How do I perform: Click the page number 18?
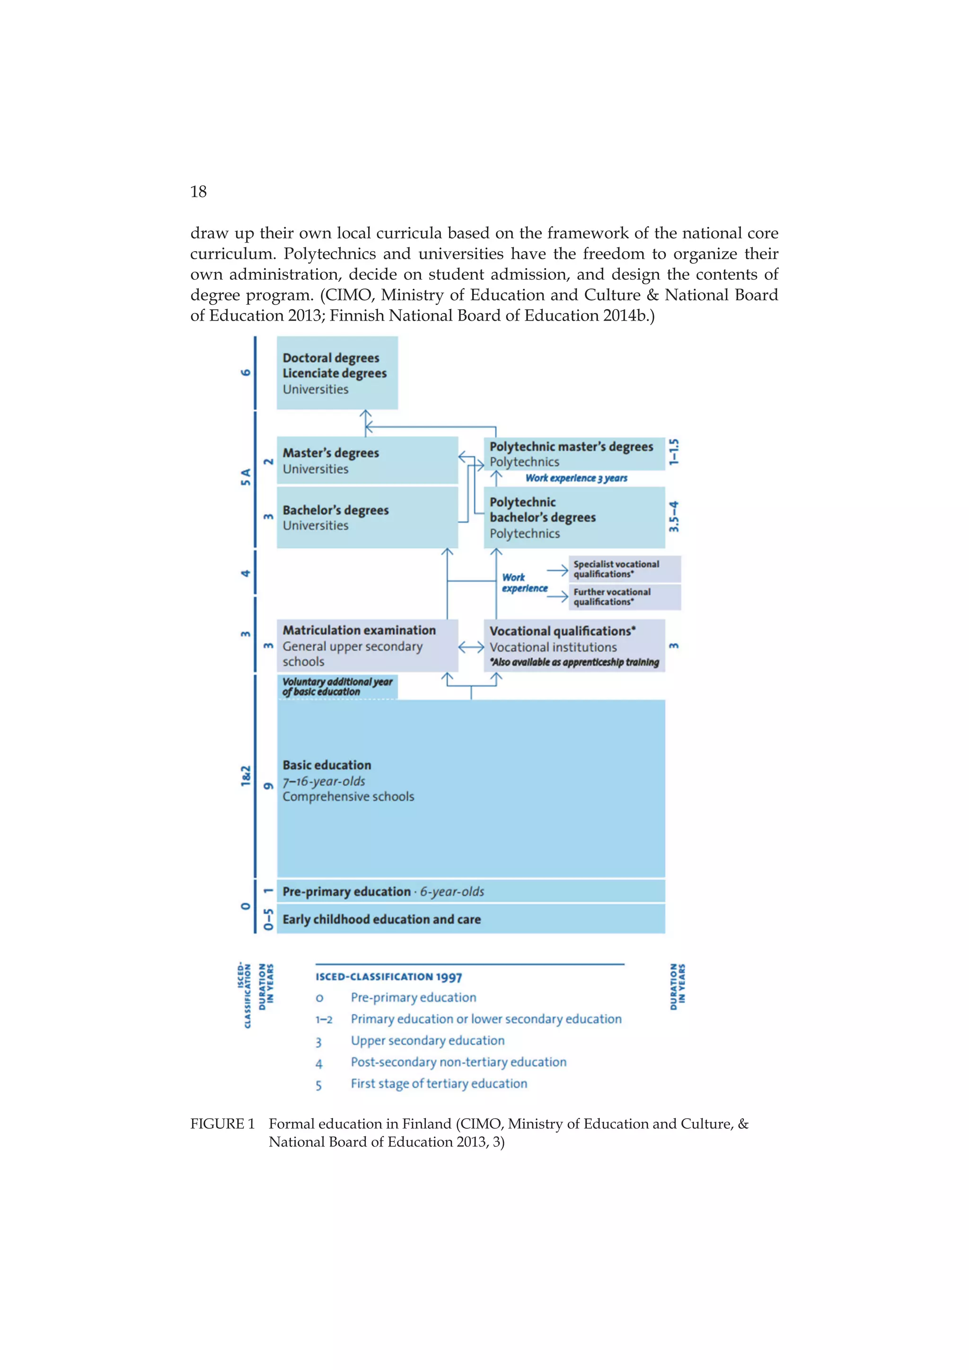(x=198, y=192)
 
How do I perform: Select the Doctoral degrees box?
(x=337, y=373)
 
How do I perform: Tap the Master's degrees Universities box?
(x=367, y=460)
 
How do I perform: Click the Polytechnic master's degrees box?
(x=573, y=454)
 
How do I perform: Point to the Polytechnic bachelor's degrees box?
(x=573, y=517)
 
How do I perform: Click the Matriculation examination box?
(x=367, y=646)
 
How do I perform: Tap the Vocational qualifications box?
(x=573, y=646)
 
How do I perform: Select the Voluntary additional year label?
(x=337, y=687)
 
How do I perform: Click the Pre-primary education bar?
(x=470, y=891)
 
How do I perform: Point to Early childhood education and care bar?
(x=470, y=919)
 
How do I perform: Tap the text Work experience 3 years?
(x=576, y=478)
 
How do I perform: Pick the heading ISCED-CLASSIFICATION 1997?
(x=388, y=977)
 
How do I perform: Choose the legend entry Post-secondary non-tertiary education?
(x=458, y=1062)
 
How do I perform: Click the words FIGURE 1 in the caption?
(x=222, y=1124)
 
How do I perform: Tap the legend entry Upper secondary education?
(x=427, y=1041)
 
